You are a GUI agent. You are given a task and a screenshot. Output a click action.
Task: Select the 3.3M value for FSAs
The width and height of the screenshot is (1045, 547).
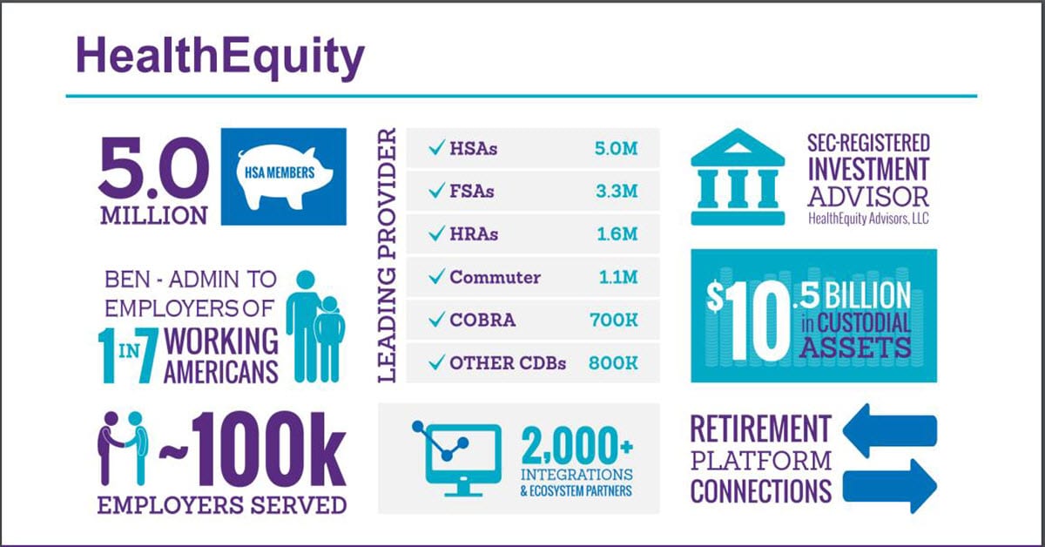[615, 192]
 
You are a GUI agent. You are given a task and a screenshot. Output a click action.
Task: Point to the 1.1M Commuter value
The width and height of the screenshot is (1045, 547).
[617, 278]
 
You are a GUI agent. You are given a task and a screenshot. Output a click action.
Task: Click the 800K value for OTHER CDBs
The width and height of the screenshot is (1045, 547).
[613, 363]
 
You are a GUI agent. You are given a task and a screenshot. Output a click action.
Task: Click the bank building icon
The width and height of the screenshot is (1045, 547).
[735, 179]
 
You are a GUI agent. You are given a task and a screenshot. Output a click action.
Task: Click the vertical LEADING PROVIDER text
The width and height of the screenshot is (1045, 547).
[388, 256]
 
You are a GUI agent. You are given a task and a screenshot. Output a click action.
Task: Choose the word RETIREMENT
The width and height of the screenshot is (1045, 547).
[760, 428]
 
